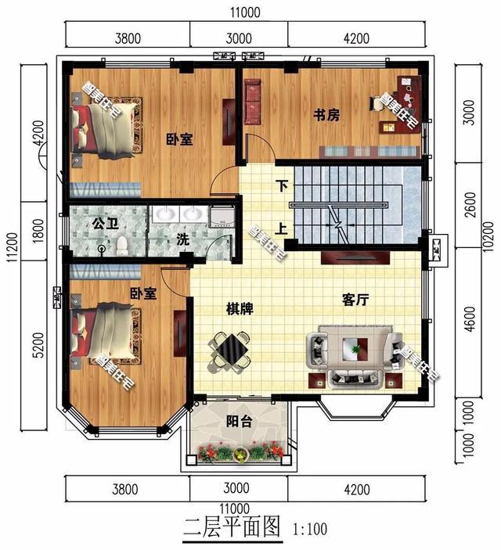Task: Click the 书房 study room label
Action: (x=326, y=115)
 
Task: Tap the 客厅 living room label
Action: (x=357, y=299)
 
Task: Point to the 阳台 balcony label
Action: (x=239, y=422)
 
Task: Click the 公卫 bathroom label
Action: (x=104, y=224)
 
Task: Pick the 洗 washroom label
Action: (x=182, y=240)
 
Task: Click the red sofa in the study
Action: (x=254, y=101)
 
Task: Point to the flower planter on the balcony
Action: (x=240, y=452)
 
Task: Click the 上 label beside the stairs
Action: (x=280, y=230)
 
